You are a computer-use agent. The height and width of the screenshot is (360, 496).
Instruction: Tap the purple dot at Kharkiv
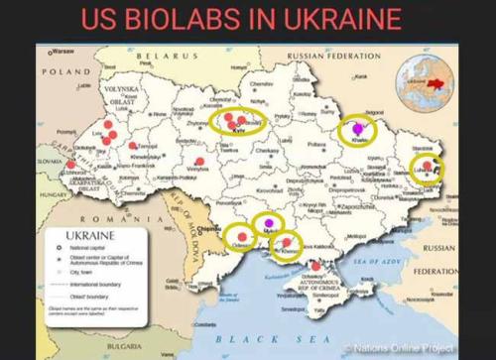click(359, 127)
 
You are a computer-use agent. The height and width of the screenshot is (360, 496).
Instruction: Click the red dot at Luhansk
click(427, 166)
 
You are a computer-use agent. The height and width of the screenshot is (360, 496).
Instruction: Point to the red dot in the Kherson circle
click(287, 242)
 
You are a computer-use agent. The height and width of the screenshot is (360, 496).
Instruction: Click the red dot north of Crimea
click(315, 266)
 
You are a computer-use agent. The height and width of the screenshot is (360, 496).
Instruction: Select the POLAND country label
click(64, 71)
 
